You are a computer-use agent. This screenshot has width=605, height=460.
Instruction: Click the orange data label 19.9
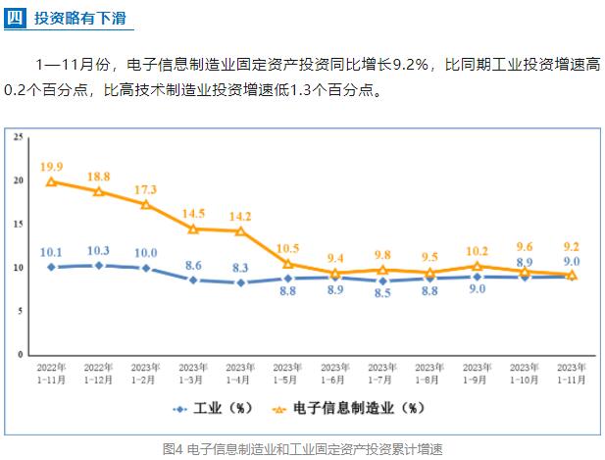52,167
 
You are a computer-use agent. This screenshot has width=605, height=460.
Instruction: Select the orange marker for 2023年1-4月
240,230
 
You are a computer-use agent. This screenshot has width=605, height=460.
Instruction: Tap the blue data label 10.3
99,251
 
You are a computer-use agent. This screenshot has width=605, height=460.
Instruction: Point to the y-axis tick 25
19,137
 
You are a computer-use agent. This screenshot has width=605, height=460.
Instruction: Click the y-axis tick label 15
19,224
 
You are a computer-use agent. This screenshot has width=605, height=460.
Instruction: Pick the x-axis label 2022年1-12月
99,372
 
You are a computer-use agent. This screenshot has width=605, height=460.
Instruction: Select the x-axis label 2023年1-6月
335,372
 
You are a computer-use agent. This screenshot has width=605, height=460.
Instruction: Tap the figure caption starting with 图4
302,448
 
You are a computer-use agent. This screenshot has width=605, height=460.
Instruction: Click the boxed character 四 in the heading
13,18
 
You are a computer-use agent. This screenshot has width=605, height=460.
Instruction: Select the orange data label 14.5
193,214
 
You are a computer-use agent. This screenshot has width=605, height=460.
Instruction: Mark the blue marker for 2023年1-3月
193,280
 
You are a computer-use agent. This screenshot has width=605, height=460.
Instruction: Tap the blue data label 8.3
240,267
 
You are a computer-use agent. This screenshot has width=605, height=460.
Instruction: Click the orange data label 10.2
477,250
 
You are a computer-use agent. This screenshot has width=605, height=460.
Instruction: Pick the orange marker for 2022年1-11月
52,181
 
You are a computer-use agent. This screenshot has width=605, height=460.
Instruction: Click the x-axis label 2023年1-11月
572,372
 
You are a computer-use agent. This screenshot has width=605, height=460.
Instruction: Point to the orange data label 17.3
146,189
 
